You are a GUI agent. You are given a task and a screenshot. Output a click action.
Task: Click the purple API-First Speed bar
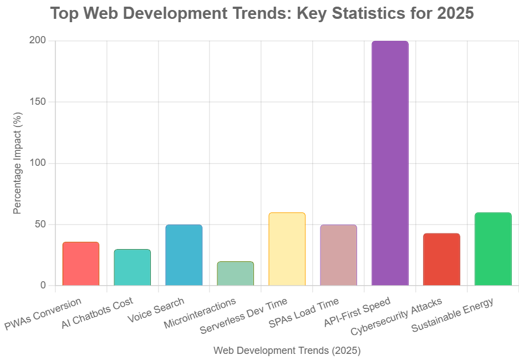(x=390, y=164)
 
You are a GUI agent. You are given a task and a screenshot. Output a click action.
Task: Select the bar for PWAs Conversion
(x=80, y=264)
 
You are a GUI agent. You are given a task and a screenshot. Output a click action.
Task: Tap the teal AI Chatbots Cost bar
(x=132, y=268)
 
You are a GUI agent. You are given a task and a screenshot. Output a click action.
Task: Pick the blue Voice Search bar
(x=184, y=255)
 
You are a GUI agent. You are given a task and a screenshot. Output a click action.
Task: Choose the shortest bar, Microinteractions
(x=235, y=273)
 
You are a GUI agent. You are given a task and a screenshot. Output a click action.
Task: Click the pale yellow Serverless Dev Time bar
(x=287, y=249)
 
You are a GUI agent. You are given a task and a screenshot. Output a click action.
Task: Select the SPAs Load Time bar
(x=338, y=255)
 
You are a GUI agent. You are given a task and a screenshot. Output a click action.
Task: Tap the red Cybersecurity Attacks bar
(x=441, y=260)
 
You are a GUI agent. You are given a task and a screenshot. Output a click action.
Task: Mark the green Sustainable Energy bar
(x=493, y=249)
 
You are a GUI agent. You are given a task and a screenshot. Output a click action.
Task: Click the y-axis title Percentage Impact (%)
(x=18, y=164)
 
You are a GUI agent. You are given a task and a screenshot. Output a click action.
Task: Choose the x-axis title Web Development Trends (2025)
(x=287, y=351)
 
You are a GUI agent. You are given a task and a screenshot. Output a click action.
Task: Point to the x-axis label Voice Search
(x=156, y=311)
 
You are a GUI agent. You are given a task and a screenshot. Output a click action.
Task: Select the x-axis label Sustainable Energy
(x=453, y=316)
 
